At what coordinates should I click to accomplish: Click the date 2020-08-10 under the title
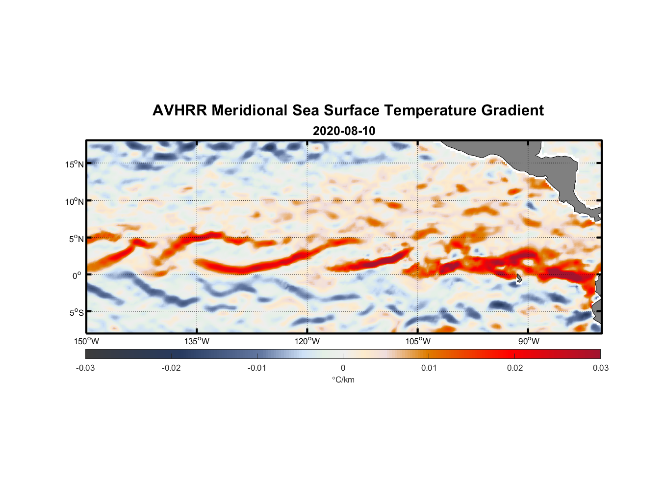click(x=344, y=131)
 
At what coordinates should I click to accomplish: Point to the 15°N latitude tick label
click(x=75, y=164)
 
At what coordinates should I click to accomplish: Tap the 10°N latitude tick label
click(x=75, y=201)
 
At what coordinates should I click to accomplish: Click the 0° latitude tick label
click(x=77, y=275)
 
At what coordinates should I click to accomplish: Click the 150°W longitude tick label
click(x=86, y=341)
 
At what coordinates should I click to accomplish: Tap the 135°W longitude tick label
click(x=197, y=341)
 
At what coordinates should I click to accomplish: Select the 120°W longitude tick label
click(x=307, y=341)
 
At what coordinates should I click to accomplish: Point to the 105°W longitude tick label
click(x=418, y=341)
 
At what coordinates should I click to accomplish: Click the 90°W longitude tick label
click(x=529, y=341)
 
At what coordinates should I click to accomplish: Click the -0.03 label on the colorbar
click(x=85, y=368)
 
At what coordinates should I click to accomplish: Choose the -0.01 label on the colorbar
click(x=257, y=368)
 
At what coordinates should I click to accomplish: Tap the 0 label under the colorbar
click(x=343, y=368)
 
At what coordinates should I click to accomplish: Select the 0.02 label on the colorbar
click(x=515, y=368)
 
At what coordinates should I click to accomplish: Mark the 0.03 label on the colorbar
click(x=600, y=368)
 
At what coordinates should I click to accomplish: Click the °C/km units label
click(x=343, y=380)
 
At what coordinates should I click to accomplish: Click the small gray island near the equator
click(x=519, y=278)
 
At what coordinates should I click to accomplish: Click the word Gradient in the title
click(x=512, y=110)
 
